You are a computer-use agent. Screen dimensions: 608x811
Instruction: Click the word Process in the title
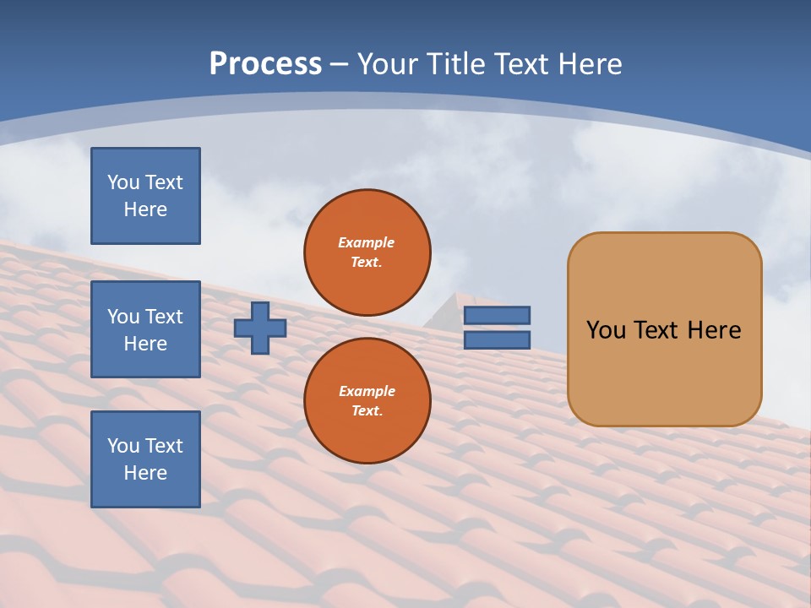pos(265,63)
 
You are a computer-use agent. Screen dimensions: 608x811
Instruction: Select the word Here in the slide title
pos(586,63)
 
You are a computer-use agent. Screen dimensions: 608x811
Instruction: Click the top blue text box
pos(145,196)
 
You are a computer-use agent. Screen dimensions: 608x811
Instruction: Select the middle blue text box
pos(145,329)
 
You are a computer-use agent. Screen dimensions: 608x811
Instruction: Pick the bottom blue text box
pos(145,459)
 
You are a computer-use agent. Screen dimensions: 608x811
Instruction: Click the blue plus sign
pos(260,328)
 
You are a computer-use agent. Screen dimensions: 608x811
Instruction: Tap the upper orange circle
pos(367,252)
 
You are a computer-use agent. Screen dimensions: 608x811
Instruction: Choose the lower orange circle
pos(367,400)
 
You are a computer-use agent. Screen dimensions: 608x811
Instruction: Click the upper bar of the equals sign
pos(497,316)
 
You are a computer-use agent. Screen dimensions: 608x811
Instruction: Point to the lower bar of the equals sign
pos(497,340)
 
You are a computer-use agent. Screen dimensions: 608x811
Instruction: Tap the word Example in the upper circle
pos(367,242)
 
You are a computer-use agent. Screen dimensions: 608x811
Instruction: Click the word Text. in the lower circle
pos(367,411)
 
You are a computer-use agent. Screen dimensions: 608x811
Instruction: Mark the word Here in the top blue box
pos(145,209)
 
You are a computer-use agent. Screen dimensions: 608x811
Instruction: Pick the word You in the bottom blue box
pos(123,446)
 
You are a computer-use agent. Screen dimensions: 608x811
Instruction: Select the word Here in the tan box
pos(715,330)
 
